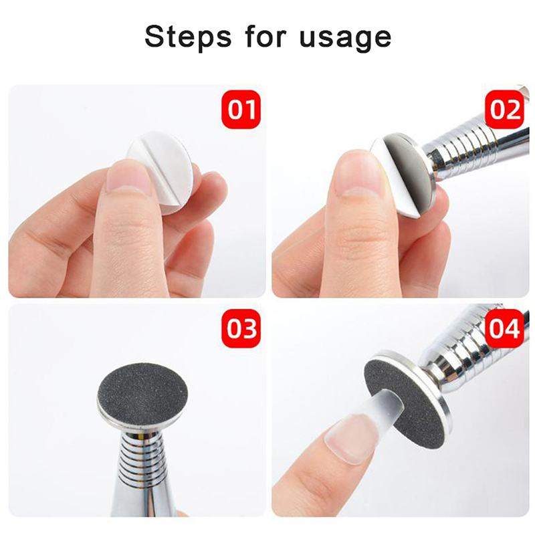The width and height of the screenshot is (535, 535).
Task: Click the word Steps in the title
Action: coord(188,37)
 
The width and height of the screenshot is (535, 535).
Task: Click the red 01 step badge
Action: coord(241,109)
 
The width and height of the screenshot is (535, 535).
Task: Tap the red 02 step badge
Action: coord(505,109)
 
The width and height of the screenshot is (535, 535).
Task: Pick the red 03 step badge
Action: coord(241,328)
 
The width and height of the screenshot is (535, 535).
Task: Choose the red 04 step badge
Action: coord(505,328)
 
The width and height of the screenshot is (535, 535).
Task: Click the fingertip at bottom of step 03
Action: coord(182,513)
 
